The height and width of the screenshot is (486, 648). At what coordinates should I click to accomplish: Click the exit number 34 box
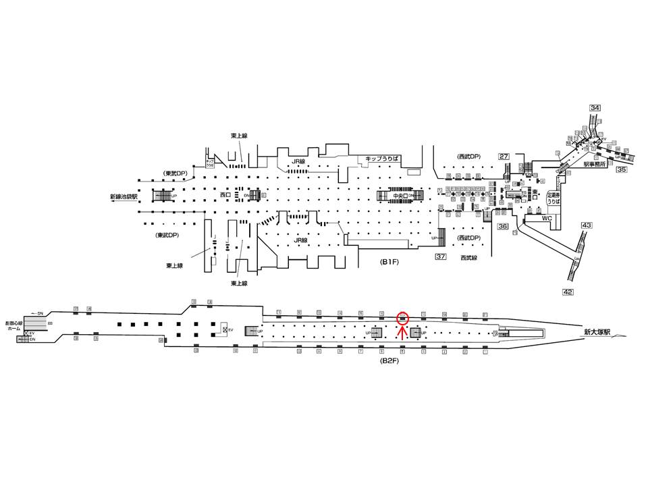point(595,108)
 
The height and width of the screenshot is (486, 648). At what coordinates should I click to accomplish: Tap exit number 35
point(622,170)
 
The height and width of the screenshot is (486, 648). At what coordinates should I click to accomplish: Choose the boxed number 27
point(504,157)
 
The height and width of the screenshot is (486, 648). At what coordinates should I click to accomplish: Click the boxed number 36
point(503,226)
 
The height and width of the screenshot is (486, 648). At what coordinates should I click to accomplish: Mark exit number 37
point(441,256)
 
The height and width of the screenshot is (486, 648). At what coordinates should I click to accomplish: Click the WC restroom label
point(547,219)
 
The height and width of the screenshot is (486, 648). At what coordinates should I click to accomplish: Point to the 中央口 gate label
point(400,196)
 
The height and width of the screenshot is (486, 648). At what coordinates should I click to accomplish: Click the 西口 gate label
point(225,195)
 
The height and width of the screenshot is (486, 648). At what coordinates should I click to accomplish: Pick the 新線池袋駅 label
point(124,197)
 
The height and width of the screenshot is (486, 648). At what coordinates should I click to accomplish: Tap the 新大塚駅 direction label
point(598,332)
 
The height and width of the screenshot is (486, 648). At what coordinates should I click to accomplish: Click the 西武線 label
point(468,257)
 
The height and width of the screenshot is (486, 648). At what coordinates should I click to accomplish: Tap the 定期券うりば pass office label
point(553,197)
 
